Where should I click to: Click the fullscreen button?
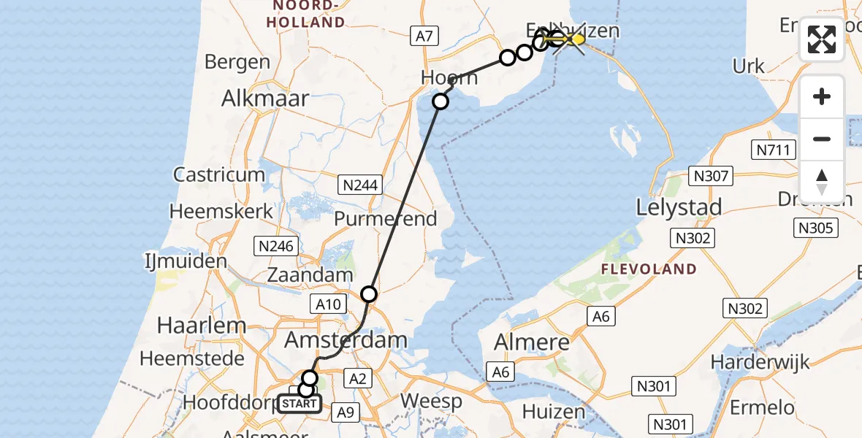point(822,39)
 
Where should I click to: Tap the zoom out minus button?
point(822,139)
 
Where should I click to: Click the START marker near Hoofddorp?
point(299,404)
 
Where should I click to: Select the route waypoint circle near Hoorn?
point(440,101)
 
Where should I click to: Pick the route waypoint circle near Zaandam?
point(369,294)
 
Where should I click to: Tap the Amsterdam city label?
point(346,340)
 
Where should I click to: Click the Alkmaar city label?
point(265,99)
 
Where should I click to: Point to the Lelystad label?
point(679,207)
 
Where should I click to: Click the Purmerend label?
point(385,218)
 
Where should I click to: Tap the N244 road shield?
point(361,185)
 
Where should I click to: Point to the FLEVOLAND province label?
point(649,269)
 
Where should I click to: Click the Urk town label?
point(748,66)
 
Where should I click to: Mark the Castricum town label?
point(219,174)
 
